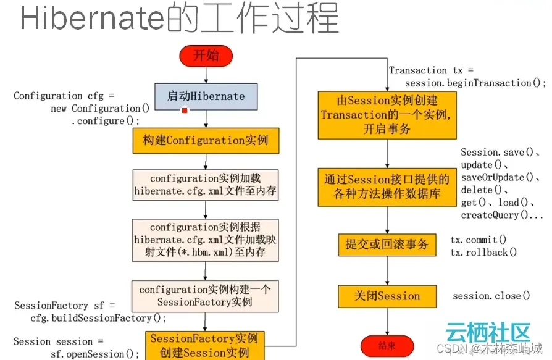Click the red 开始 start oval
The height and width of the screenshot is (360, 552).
click(206, 56)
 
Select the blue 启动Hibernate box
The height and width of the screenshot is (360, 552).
click(206, 96)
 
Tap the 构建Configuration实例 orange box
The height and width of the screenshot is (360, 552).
click(206, 140)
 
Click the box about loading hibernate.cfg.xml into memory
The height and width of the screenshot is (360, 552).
click(206, 185)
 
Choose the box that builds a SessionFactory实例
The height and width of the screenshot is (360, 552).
click(206, 296)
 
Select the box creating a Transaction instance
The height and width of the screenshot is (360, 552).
click(387, 115)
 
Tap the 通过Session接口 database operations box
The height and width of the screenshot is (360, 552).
click(387, 187)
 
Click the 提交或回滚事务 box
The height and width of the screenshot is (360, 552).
click(387, 245)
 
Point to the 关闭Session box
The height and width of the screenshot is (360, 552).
click(387, 296)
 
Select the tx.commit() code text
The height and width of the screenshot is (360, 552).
click(478, 240)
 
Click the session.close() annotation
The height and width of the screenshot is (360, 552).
click(491, 296)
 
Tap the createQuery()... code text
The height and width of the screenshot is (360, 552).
click(502, 216)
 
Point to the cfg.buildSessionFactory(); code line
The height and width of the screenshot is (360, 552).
click(99, 318)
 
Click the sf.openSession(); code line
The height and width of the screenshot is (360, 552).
click(95, 354)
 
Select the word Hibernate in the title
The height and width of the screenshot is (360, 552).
click(93, 19)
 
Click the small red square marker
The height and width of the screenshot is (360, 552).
click(184, 110)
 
